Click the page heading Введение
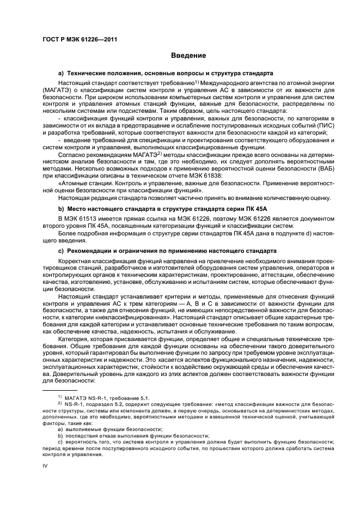point(188,56)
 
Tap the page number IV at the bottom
point(45,465)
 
